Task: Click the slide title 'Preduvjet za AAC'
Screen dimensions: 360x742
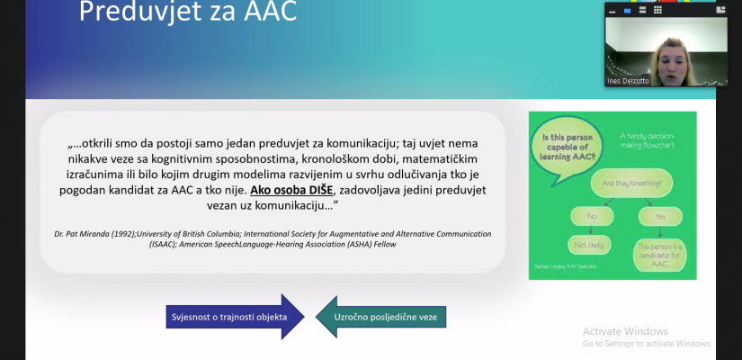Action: pyautogui.click(x=187, y=13)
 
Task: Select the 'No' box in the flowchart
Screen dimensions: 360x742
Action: pyautogui.click(x=591, y=217)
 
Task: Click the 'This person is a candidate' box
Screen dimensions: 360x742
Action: pyautogui.click(x=662, y=254)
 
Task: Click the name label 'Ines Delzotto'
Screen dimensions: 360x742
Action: pyautogui.click(x=630, y=81)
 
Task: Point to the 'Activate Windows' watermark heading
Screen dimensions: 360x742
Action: pyautogui.click(x=626, y=330)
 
